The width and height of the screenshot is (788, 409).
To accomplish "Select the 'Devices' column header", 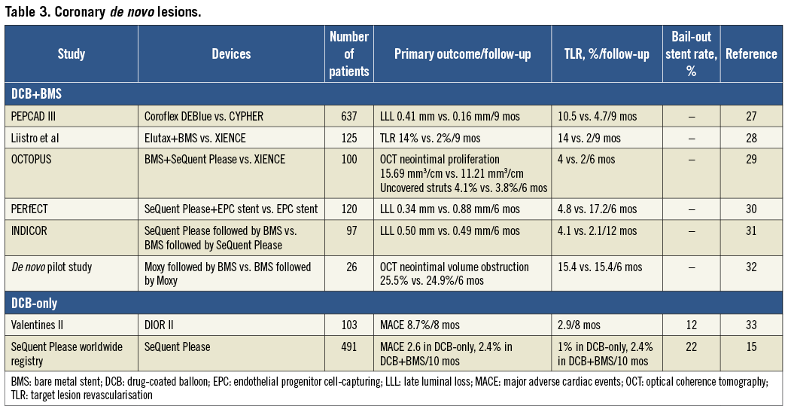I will pos(231,54).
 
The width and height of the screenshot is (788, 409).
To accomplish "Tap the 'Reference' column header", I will pos(750,54).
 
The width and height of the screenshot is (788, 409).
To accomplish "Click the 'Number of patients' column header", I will pos(350,54).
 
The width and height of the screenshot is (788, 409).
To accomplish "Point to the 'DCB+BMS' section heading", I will pos(37,94).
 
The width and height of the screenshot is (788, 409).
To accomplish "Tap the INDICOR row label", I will pos(31,231).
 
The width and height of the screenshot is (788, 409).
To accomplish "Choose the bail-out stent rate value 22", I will pos(691,347).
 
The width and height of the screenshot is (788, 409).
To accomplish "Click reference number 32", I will pos(750,267).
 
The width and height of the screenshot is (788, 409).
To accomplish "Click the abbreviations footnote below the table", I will pos(391,388).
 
